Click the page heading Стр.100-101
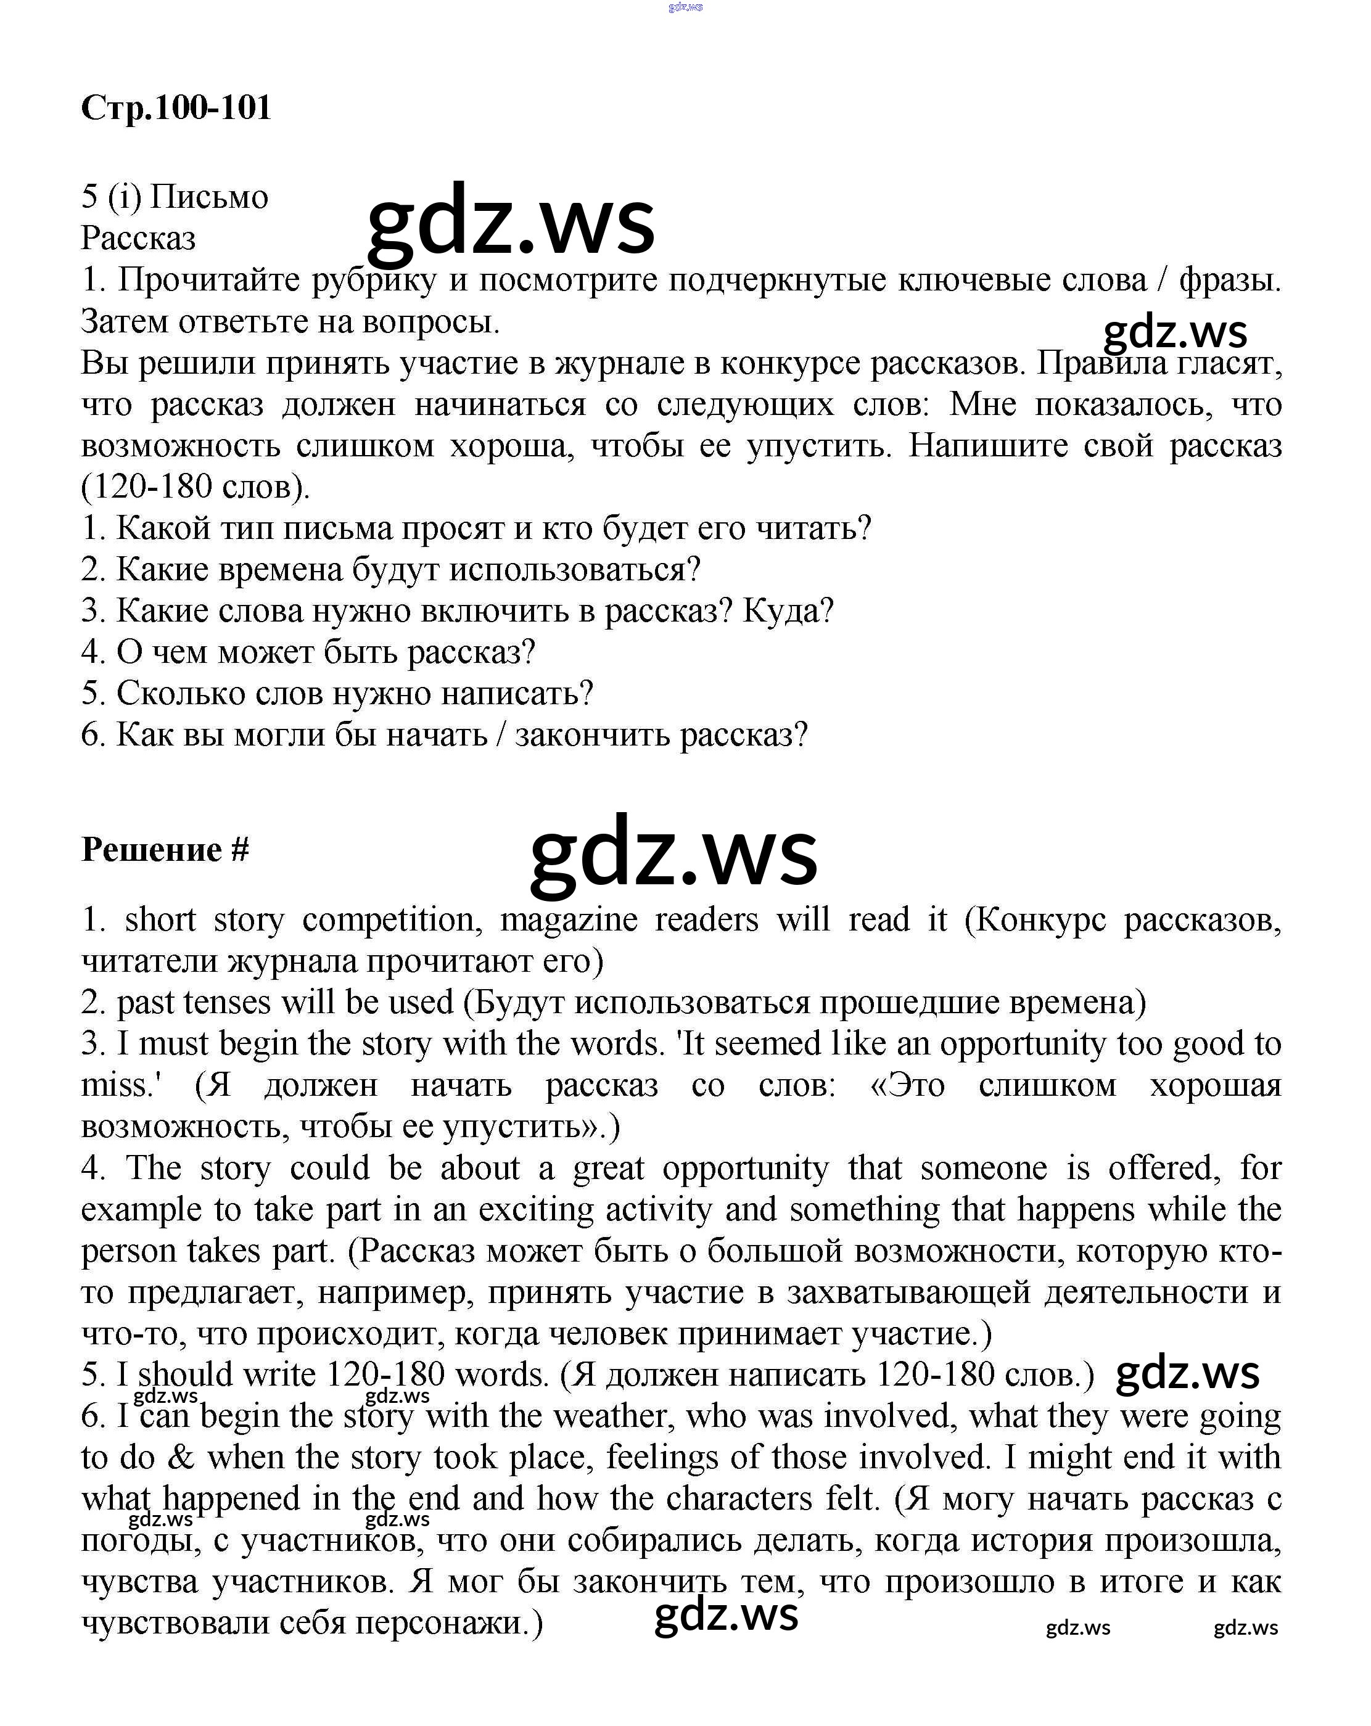coord(176,107)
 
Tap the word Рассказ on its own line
coord(138,239)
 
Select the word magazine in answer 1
coord(569,920)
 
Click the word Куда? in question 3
coord(788,611)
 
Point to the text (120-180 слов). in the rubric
coord(196,487)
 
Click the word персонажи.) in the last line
coord(448,1623)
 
